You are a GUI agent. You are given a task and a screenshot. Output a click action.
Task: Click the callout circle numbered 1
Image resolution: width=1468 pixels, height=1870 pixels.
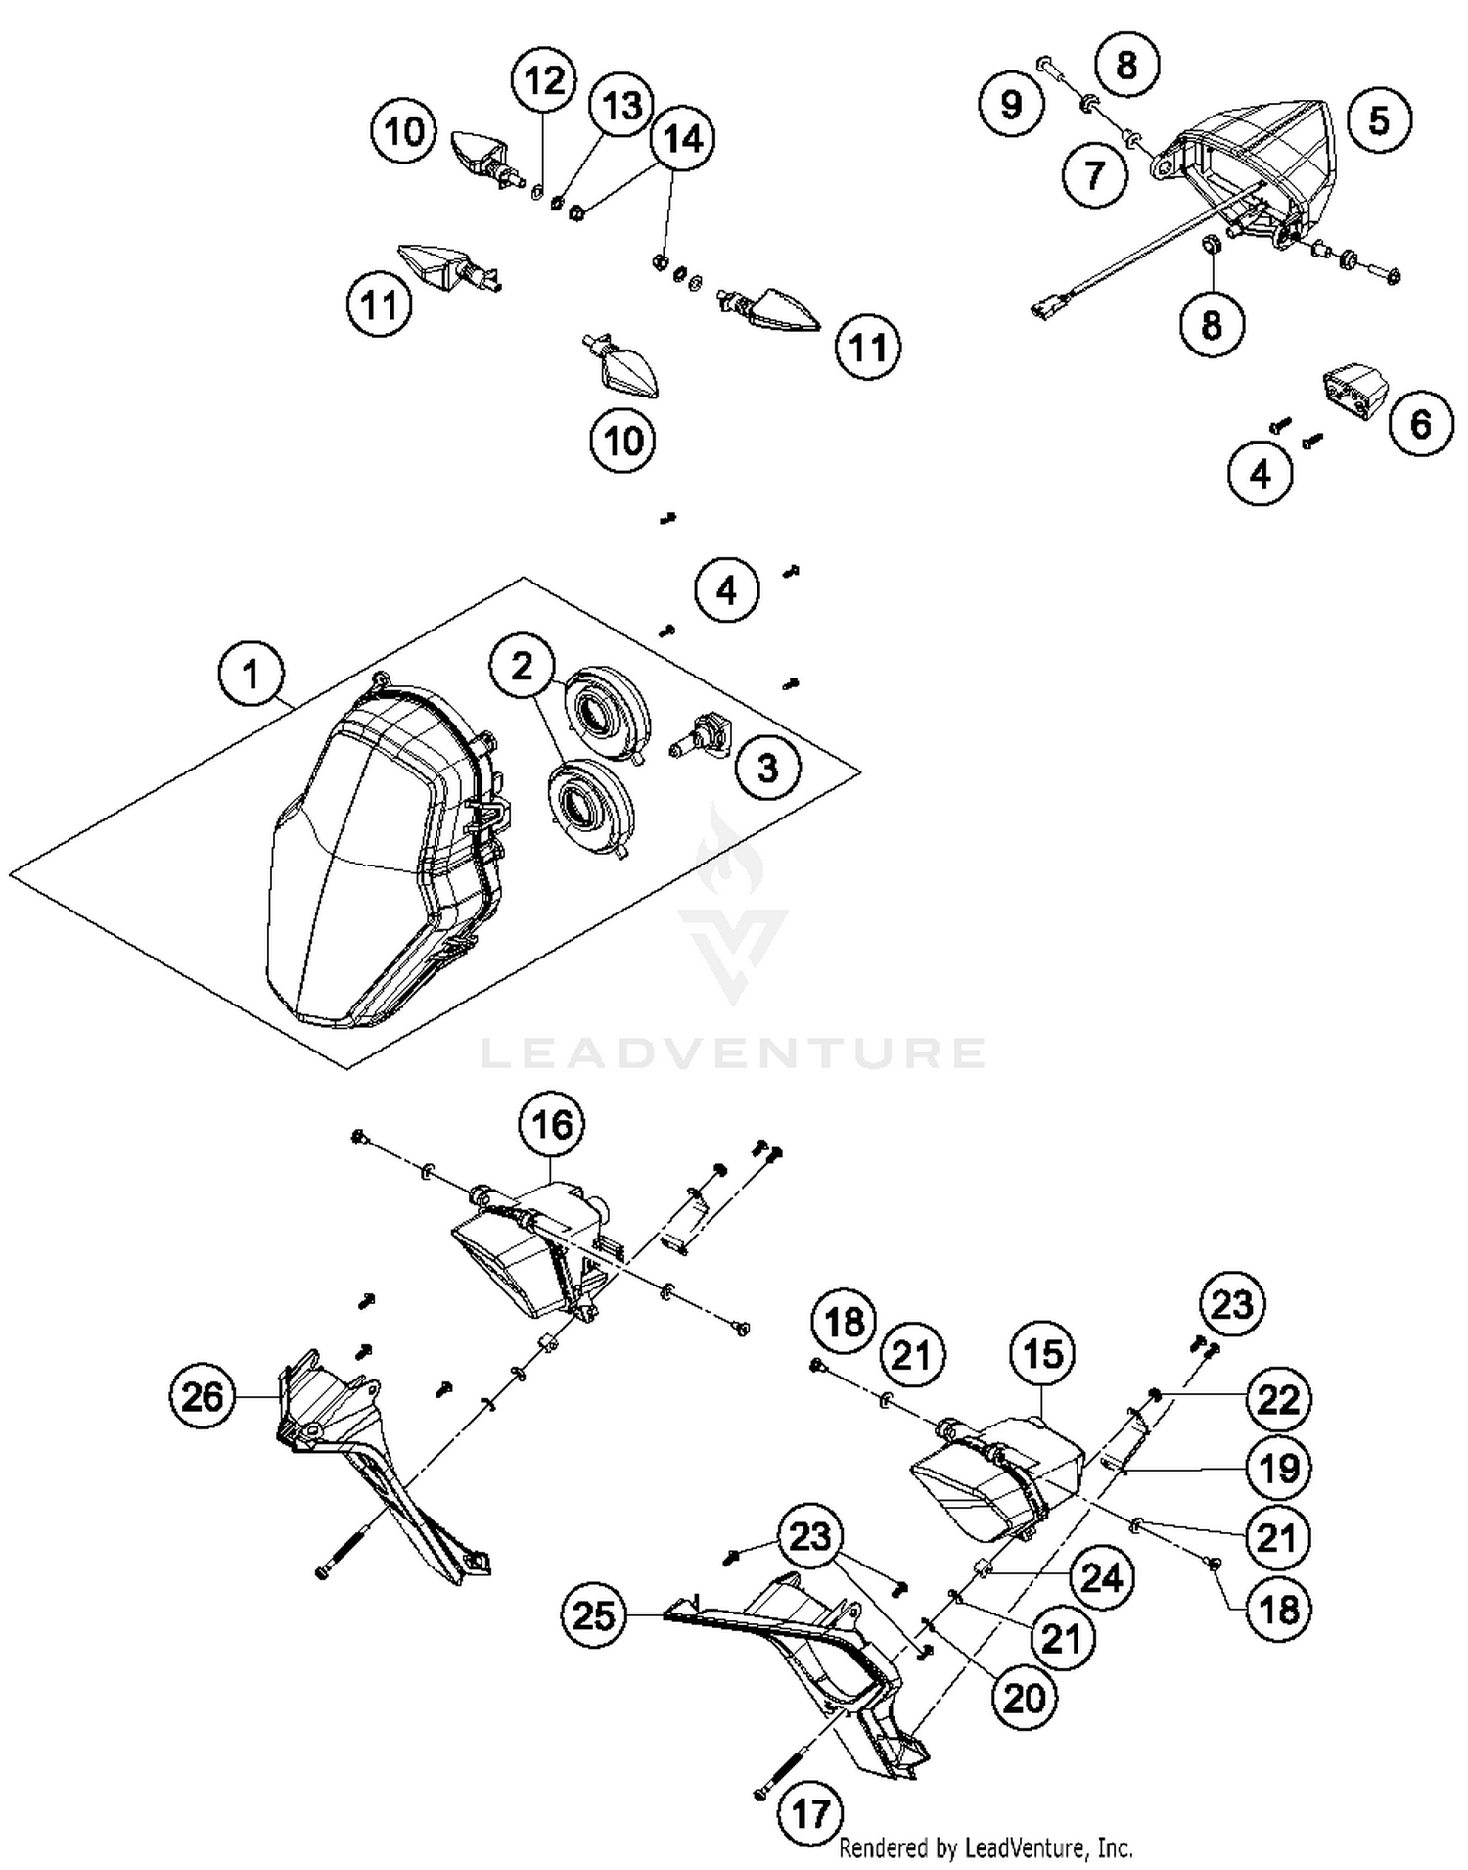(x=252, y=675)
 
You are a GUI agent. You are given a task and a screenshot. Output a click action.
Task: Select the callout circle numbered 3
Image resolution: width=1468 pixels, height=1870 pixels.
(x=768, y=767)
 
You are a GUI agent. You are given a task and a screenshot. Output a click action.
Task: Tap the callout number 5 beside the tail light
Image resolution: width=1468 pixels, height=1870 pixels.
(x=1379, y=120)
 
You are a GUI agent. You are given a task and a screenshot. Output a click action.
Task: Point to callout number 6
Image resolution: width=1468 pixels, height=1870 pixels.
(x=1420, y=423)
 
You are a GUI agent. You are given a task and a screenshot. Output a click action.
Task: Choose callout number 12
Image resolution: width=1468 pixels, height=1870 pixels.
(x=545, y=79)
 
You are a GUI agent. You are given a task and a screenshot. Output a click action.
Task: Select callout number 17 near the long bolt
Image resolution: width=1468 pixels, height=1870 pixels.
(x=811, y=1812)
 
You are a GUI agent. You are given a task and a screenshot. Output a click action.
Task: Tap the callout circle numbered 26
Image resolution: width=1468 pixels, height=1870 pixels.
(x=203, y=1396)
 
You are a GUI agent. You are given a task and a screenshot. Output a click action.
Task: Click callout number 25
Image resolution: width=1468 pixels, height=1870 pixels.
(x=593, y=1614)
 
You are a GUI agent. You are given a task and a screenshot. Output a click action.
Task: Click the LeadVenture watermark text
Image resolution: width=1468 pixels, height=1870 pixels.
(x=734, y=1053)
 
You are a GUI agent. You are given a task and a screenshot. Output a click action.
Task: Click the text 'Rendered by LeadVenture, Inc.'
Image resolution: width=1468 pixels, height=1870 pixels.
(x=986, y=1847)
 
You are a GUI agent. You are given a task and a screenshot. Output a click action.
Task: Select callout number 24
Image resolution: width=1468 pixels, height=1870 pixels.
(x=1102, y=1577)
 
